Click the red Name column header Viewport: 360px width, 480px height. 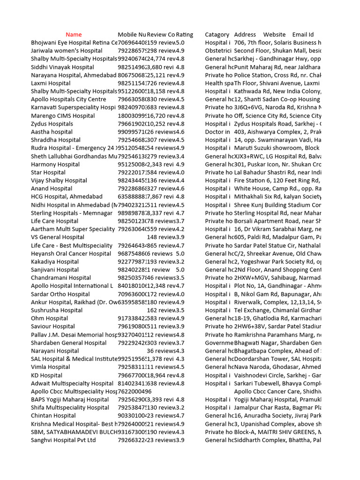74,35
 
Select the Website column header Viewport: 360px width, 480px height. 274,35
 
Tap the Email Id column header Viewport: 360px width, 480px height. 303,35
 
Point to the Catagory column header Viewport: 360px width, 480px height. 217,35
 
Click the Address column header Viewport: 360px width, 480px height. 245,35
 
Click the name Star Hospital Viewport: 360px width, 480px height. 48,172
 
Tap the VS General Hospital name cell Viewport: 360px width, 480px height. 58,238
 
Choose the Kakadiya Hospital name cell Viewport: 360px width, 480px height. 55,262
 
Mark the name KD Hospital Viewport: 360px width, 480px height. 47,375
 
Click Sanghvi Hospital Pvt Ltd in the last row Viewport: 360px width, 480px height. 63,441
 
